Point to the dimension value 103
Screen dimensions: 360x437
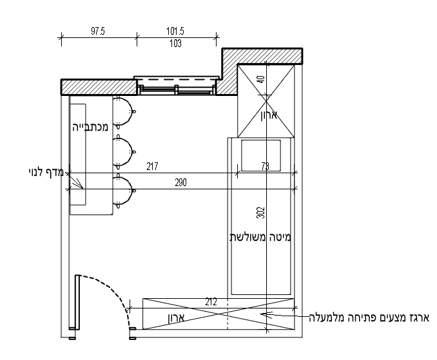click(x=175, y=44)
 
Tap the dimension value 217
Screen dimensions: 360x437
click(x=152, y=167)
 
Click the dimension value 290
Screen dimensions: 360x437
click(x=180, y=183)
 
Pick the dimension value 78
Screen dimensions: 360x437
click(x=266, y=167)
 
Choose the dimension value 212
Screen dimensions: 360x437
click(x=211, y=301)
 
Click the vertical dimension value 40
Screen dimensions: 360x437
click(x=261, y=81)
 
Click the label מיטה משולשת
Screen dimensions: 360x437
click(x=260, y=236)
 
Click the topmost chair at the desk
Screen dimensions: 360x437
click(x=124, y=111)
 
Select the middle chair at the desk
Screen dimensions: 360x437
click(x=124, y=151)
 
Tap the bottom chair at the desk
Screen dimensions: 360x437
click(x=124, y=189)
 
